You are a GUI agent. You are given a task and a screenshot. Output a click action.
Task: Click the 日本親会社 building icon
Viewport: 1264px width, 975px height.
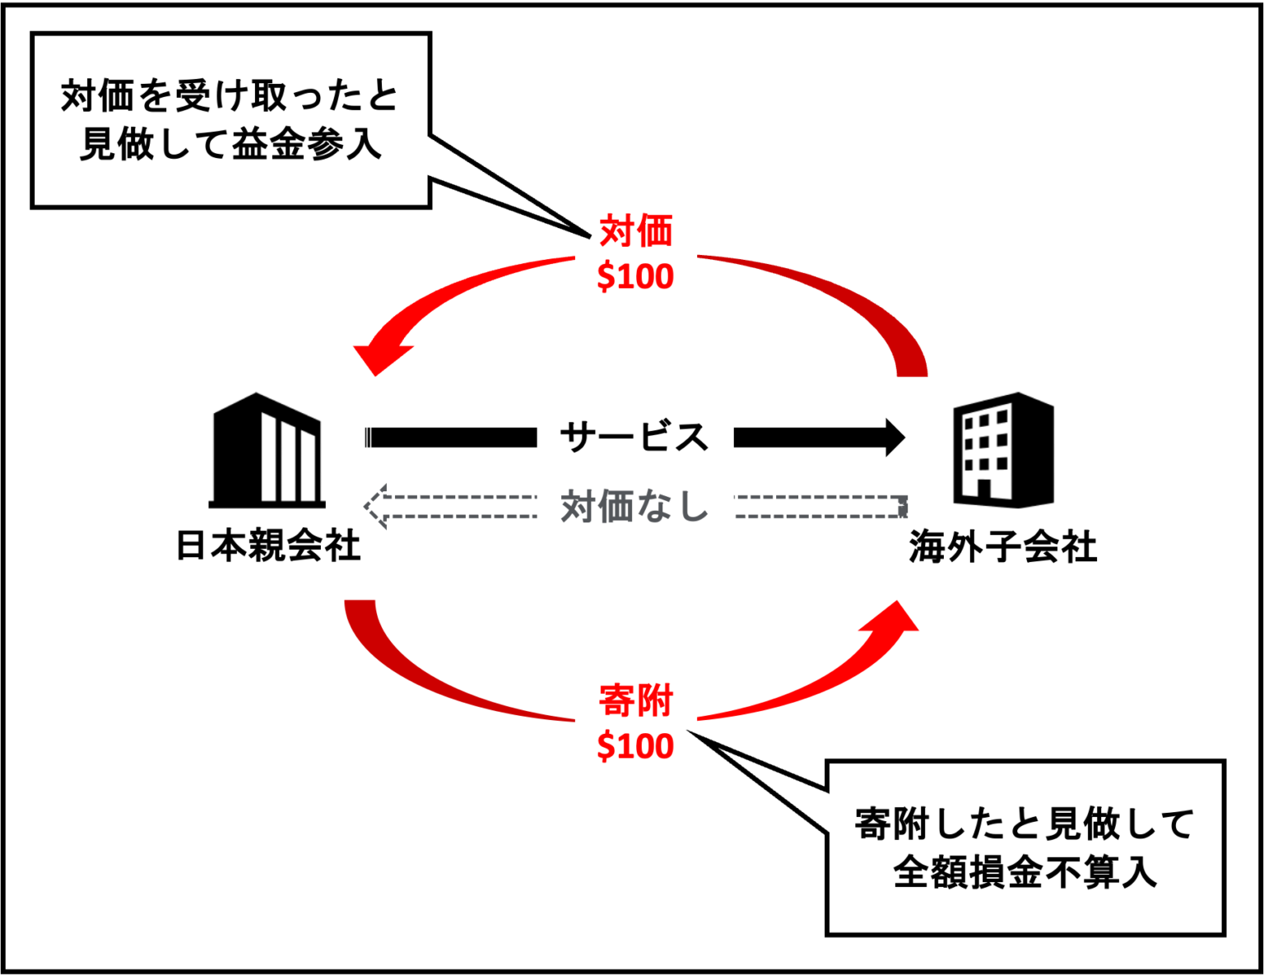click(267, 450)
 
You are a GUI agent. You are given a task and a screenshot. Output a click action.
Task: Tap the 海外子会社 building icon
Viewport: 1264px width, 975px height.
click(1003, 450)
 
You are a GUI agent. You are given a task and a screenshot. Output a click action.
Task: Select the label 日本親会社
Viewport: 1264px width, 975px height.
click(268, 546)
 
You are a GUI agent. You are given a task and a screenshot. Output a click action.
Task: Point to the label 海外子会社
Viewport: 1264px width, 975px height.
click(1002, 547)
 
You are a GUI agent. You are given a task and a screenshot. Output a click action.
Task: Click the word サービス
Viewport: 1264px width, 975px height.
click(634, 437)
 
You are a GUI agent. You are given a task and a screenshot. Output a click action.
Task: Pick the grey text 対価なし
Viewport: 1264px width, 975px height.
click(634, 506)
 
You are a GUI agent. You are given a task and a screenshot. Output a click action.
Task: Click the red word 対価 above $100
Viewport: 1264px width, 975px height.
click(635, 231)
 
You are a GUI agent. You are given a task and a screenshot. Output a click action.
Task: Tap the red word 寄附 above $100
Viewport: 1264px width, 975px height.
click(635, 701)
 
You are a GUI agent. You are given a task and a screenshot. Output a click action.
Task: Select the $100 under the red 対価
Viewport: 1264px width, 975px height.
click(635, 276)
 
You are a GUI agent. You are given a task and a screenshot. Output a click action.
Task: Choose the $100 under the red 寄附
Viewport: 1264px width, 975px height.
click(635, 746)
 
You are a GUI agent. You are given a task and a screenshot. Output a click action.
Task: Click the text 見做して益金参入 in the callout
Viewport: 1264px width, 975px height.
click(230, 146)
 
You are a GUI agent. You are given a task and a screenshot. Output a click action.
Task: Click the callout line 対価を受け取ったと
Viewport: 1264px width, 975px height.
click(230, 96)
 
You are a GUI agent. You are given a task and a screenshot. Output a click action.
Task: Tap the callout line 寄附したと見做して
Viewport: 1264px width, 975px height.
click(1025, 824)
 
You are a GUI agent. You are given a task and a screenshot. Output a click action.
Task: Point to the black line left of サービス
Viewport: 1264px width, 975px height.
click(451, 437)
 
